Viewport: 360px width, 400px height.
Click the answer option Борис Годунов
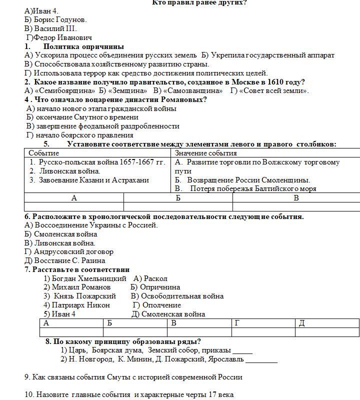click(59, 19)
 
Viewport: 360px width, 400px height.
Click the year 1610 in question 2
click(275, 82)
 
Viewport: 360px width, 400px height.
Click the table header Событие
click(43, 153)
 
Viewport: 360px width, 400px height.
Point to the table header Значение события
click(205, 153)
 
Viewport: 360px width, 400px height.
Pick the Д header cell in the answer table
click(301, 323)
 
